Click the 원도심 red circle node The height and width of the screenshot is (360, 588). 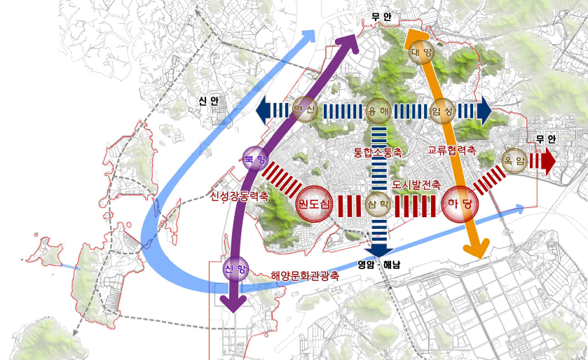pos(314,204)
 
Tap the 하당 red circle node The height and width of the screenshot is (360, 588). pos(460,203)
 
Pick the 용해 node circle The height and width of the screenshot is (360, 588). pos(378,110)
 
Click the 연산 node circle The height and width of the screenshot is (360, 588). pos(306,109)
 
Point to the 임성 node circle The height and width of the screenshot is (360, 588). pos(443,110)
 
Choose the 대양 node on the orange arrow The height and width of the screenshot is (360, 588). pos(421,51)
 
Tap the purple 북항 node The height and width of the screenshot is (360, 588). pos(252,160)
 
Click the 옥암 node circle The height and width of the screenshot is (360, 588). pos(514,160)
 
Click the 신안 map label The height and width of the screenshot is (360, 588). pos(208,102)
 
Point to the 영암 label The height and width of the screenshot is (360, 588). pos(367,265)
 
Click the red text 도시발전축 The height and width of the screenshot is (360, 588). pos(416,185)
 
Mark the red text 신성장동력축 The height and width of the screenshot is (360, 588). pos(239,197)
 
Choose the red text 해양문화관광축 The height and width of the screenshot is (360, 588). pos(305,276)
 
